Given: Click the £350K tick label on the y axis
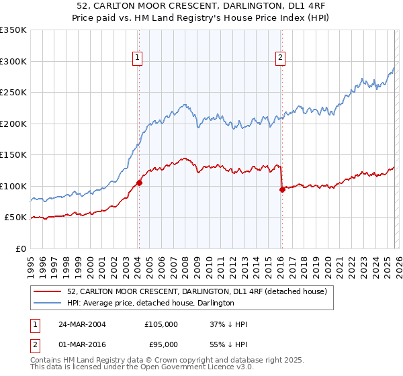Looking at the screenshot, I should coord(13,30).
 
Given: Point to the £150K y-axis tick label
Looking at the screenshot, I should coord(13,154).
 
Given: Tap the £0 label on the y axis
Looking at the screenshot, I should coord(21,248).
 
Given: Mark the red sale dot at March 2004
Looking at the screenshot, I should coord(139,183).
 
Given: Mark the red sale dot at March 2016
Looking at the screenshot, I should coord(281,189).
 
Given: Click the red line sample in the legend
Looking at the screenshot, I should coord(48,291).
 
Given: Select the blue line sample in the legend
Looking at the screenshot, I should coord(48,303).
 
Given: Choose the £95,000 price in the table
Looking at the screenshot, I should coord(161,345).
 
